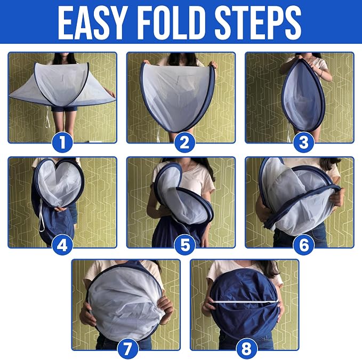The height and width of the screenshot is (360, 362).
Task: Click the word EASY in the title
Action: tap(93, 22)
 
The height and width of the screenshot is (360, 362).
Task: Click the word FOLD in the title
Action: tap(172, 22)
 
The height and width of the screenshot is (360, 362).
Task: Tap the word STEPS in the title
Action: tap(258, 22)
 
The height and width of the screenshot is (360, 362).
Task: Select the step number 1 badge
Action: tap(62, 142)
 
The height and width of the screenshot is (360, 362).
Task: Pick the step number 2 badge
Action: tap(184, 142)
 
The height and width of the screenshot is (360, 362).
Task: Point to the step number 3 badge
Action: tap(303, 142)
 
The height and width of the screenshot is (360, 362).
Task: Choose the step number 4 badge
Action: tap(62, 245)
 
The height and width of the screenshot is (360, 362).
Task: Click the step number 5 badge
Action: tap(184, 245)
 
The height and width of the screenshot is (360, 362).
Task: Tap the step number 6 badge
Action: tap(303, 245)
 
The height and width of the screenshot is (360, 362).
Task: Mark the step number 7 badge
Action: tap(127, 348)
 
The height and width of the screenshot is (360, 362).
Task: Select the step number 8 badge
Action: tap(246, 348)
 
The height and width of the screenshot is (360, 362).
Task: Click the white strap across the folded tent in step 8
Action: tap(245, 301)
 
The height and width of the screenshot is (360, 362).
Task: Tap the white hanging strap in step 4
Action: tap(42, 216)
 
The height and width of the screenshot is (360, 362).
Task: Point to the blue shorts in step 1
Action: tap(64, 109)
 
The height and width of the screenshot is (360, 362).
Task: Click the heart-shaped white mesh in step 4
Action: tap(59, 182)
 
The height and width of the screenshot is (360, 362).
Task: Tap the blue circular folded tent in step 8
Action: tap(245, 302)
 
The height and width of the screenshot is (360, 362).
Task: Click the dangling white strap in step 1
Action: tap(47, 117)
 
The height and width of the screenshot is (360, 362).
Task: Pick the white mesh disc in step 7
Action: tap(126, 303)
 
